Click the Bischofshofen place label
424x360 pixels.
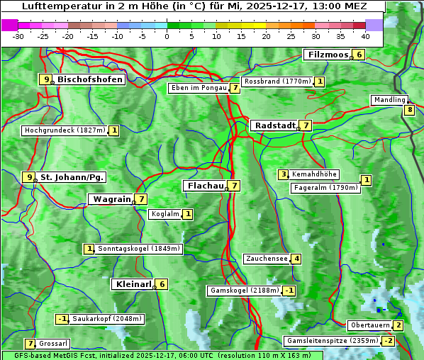(x=90, y=79)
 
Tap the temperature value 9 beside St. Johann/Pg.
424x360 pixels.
(x=28, y=177)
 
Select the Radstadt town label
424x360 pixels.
(x=274, y=125)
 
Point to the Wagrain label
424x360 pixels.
(x=112, y=199)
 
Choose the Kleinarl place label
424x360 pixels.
(x=133, y=284)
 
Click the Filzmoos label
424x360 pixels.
(x=328, y=55)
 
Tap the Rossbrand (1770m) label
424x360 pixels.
(x=277, y=81)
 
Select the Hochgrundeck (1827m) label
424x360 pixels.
(x=64, y=130)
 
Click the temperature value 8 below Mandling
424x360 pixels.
(x=409, y=110)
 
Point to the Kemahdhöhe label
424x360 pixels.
(x=315, y=174)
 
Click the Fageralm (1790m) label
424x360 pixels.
(x=325, y=188)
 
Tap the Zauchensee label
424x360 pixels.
(x=267, y=259)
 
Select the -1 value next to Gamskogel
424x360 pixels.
(x=289, y=291)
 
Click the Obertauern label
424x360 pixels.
(x=369, y=325)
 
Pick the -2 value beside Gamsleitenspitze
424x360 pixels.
(x=388, y=341)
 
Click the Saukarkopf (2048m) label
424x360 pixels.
(x=107, y=319)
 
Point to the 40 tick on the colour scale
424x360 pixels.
(x=365, y=36)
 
